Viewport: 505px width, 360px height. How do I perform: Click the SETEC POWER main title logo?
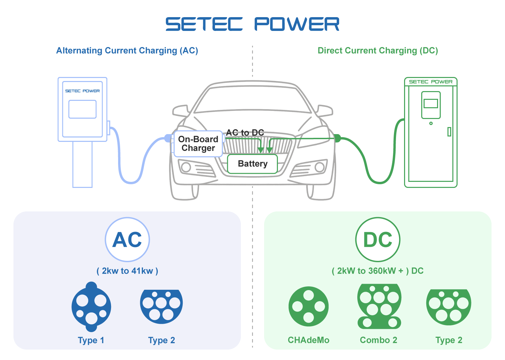[252, 24]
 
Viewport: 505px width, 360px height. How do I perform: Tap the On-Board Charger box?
[198, 144]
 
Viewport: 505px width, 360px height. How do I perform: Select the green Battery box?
[252, 164]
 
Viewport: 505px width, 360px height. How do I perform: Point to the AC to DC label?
[245, 132]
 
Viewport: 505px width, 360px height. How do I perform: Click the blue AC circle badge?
[127, 239]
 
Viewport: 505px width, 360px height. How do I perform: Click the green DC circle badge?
[378, 239]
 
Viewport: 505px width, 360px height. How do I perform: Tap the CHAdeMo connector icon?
[309, 307]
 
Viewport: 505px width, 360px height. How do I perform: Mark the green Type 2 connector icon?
[448, 307]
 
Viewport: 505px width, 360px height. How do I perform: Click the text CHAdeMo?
[309, 340]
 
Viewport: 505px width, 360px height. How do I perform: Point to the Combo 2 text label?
[378, 340]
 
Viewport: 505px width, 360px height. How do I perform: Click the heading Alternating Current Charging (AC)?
[127, 51]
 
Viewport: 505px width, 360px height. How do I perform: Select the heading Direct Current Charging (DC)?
[378, 51]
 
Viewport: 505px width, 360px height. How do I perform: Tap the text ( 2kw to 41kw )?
[127, 271]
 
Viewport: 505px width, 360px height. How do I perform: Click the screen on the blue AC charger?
[82, 109]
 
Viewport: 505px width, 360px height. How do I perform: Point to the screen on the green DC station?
[431, 104]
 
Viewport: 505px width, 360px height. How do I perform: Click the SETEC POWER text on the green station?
[431, 82]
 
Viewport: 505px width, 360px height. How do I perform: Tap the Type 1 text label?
[91, 340]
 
